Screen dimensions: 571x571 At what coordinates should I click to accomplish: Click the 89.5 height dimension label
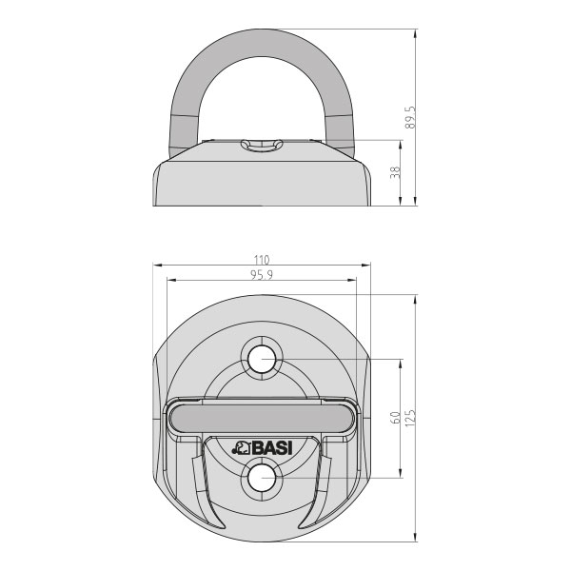(409, 117)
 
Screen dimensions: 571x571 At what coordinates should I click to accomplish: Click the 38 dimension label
(395, 172)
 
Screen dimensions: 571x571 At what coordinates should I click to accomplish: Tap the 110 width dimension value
(262, 260)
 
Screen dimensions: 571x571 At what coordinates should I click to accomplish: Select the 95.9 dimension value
(262, 275)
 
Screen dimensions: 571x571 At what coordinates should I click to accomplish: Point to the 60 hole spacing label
(395, 418)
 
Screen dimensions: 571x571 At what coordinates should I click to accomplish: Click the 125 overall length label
(409, 418)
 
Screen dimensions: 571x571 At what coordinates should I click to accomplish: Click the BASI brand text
(271, 447)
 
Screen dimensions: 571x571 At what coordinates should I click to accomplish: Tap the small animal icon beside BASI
(241, 448)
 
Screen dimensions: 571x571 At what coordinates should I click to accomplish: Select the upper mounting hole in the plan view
(262, 359)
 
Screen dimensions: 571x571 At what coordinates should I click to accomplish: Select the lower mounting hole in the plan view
(262, 478)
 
